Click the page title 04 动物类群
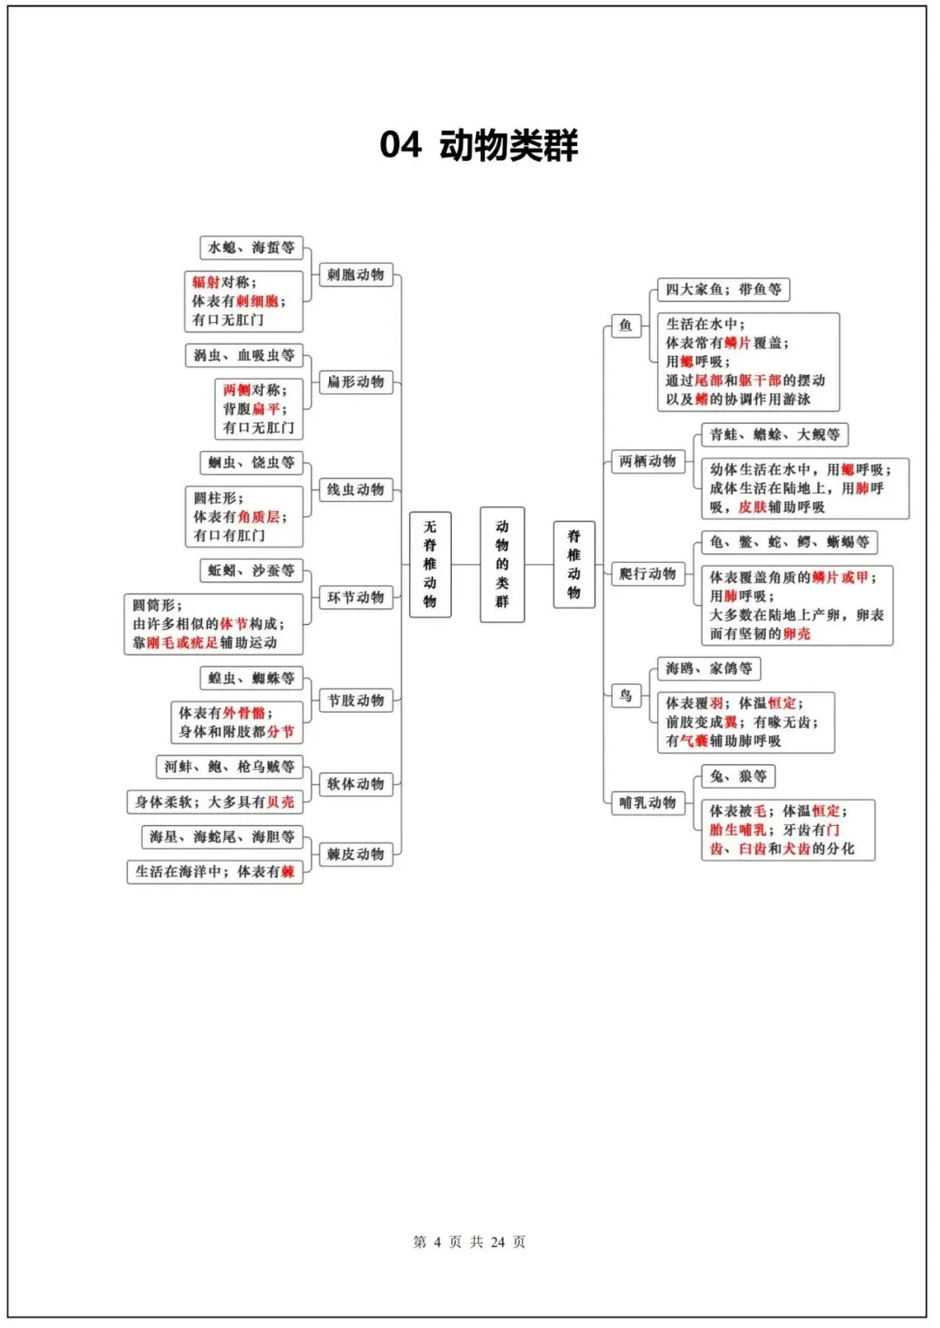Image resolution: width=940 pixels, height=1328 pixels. pyautogui.click(x=479, y=144)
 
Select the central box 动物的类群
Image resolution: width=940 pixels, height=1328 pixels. pyautogui.click(x=502, y=564)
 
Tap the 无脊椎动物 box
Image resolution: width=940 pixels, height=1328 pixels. pyautogui.click(x=430, y=564)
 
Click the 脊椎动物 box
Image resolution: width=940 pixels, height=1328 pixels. pyautogui.click(x=574, y=564)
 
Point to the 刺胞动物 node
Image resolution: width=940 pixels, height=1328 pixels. pyautogui.click(x=355, y=275)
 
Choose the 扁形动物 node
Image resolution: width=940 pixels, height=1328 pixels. pyautogui.click(x=355, y=382)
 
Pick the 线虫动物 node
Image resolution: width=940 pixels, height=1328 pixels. pyautogui.click(x=355, y=490)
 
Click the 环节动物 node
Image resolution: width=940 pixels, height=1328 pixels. pyautogui.click(x=355, y=598)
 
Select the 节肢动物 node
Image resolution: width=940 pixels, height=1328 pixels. pyautogui.click(x=355, y=701)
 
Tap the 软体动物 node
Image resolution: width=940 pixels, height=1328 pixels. pyautogui.click(x=355, y=784)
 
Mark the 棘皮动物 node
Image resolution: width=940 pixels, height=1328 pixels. pyautogui.click(x=355, y=855)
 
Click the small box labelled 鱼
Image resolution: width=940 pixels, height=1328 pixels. pyautogui.click(x=626, y=325)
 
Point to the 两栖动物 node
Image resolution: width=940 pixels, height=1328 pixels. pyautogui.click(x=648, y=461)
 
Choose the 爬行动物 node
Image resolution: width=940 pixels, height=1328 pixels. pyautogui.click(x=648, y=573)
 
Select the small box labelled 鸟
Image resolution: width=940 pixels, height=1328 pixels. pyautogui.click(x=626, y=695)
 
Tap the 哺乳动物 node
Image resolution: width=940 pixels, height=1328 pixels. pyautogui.click(x=648, y=802)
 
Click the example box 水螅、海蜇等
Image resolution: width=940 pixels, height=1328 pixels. pyautogui.click(x=251, y=248)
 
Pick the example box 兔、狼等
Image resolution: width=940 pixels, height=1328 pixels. pyautogui.click(x=738, y=776)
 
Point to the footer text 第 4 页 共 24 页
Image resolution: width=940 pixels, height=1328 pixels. pyautogui.click(x=469, y=1242)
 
